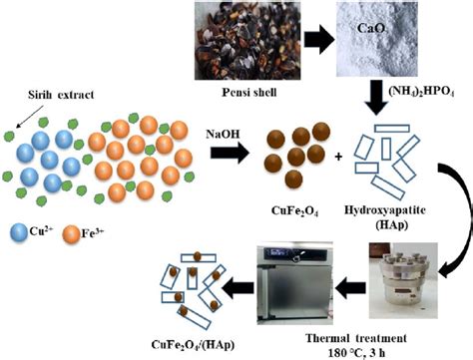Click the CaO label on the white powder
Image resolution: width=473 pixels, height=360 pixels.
[371, 28]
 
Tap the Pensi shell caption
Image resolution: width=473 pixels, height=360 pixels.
[249, 92]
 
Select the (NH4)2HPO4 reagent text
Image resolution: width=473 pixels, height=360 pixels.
[421, 92]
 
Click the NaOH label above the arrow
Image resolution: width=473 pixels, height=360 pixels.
[223, 134]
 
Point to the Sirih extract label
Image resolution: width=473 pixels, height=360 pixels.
[61, 95]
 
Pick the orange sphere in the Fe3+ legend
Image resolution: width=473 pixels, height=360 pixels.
[72, 234]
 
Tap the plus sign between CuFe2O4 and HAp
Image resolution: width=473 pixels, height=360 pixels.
[338, 157]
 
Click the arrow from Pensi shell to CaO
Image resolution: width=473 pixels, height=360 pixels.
[318, 40]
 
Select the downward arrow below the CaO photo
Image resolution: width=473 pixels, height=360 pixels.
[376, 98]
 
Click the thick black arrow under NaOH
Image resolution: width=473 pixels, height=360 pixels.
[230, 154]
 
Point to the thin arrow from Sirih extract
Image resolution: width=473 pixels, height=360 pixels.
[30, 117]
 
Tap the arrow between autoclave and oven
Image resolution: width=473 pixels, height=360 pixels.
[350, 288]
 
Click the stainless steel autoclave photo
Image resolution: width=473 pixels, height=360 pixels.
[403, 280]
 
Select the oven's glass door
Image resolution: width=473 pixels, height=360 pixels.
[296, 291]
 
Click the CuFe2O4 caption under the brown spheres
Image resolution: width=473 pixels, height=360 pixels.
[294, 211]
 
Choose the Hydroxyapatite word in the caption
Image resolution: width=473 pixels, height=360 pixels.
[385, 210]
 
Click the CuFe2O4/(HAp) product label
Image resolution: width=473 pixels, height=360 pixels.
[193, 345]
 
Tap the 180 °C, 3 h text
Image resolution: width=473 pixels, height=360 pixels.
[356, 353]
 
